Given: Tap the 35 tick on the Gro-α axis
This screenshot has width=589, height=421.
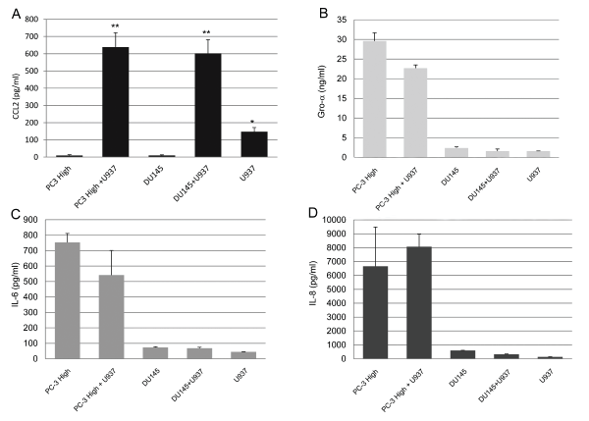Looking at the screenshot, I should click(341, 20).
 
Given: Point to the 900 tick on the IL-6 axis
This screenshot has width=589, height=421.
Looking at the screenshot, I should click(37, 220).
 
